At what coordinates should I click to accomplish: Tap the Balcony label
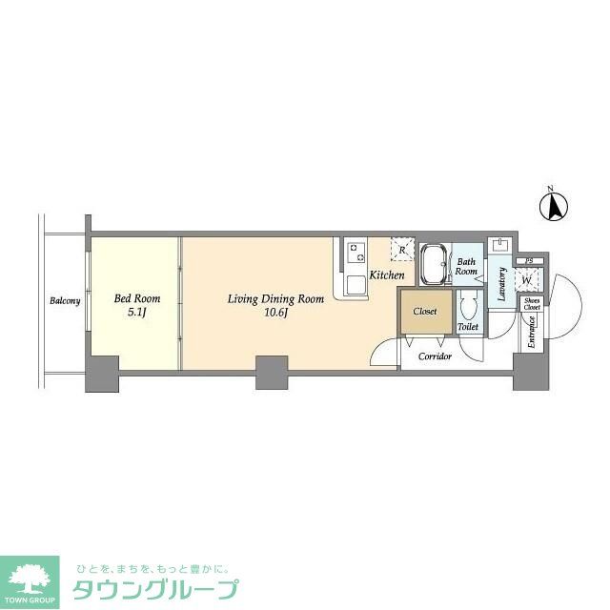(65, 302)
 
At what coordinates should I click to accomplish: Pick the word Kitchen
(387, 275)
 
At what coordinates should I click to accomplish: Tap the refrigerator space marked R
(402, 250)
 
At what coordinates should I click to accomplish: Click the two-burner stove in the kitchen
(357, 253)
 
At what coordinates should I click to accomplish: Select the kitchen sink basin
(353, 283)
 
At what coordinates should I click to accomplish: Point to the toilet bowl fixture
(468, 306)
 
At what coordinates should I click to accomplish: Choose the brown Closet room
(425, 313)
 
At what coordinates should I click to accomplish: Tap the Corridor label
(435, 356)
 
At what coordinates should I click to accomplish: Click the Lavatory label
(501, 284)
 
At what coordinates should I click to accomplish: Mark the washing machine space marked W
(526, 280)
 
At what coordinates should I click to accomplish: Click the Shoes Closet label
(532, 304)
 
